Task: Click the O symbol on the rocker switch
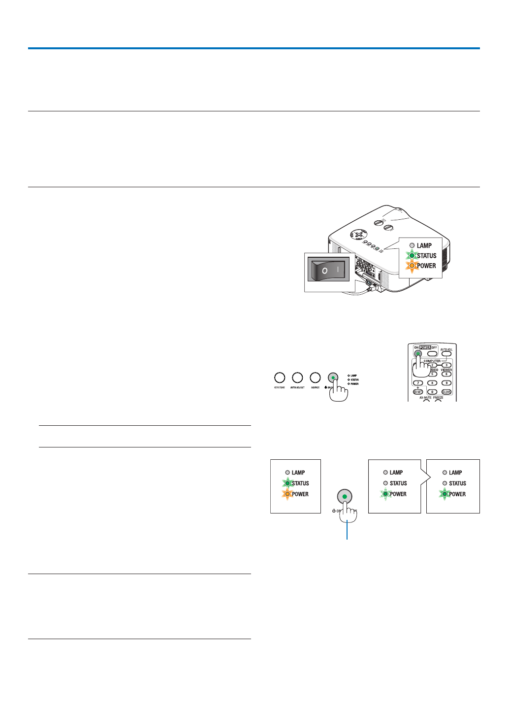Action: [324, 271]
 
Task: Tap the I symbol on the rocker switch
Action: [338, 270]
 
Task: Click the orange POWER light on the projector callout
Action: [412, 266]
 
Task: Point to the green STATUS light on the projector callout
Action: [412, 256]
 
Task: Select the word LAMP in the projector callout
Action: [424, 245]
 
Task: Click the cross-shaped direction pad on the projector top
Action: [359, 234]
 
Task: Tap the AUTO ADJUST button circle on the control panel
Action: [297, 378]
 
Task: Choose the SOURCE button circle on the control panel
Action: [315, 378]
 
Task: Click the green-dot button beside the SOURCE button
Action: [333, 378]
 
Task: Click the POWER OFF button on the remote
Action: [432, 353]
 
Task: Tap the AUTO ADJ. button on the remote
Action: [446, 353]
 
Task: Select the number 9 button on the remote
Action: [446, 383]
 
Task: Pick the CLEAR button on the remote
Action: [446, 392]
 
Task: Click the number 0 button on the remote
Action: [432, 392]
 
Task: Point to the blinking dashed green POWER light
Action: [386, 494]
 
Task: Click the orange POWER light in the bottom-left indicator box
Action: [287, 494]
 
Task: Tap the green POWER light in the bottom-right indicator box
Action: [445, 494]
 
